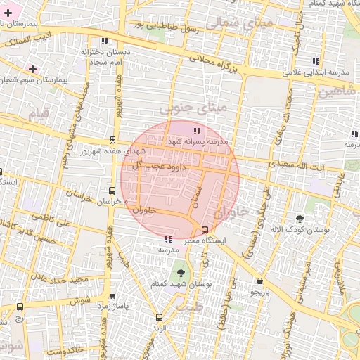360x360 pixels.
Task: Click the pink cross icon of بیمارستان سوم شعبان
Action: click(x=32, y=69)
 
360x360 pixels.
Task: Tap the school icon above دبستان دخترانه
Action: click(x=107, y=41)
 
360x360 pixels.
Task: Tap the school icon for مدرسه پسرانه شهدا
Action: click(x=197, y=131)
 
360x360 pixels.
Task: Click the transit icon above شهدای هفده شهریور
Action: click(x=113, y=140)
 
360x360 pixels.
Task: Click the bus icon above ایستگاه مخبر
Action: click(x=205, y=230)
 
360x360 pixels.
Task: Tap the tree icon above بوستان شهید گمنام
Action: click(x=181, y=271)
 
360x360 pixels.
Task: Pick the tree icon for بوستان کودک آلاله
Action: click(x=300, y=219)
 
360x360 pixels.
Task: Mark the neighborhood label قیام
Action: click(x=38, y=113)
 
